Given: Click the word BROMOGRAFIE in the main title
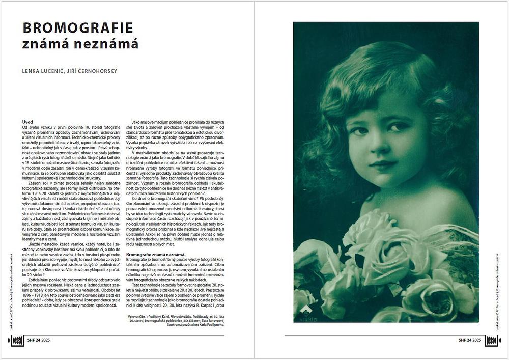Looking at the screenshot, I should [77, 27].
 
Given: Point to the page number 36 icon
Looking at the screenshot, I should [16, 340].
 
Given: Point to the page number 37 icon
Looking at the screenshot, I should [492, 340].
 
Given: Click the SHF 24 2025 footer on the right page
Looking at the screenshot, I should [469, 340].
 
